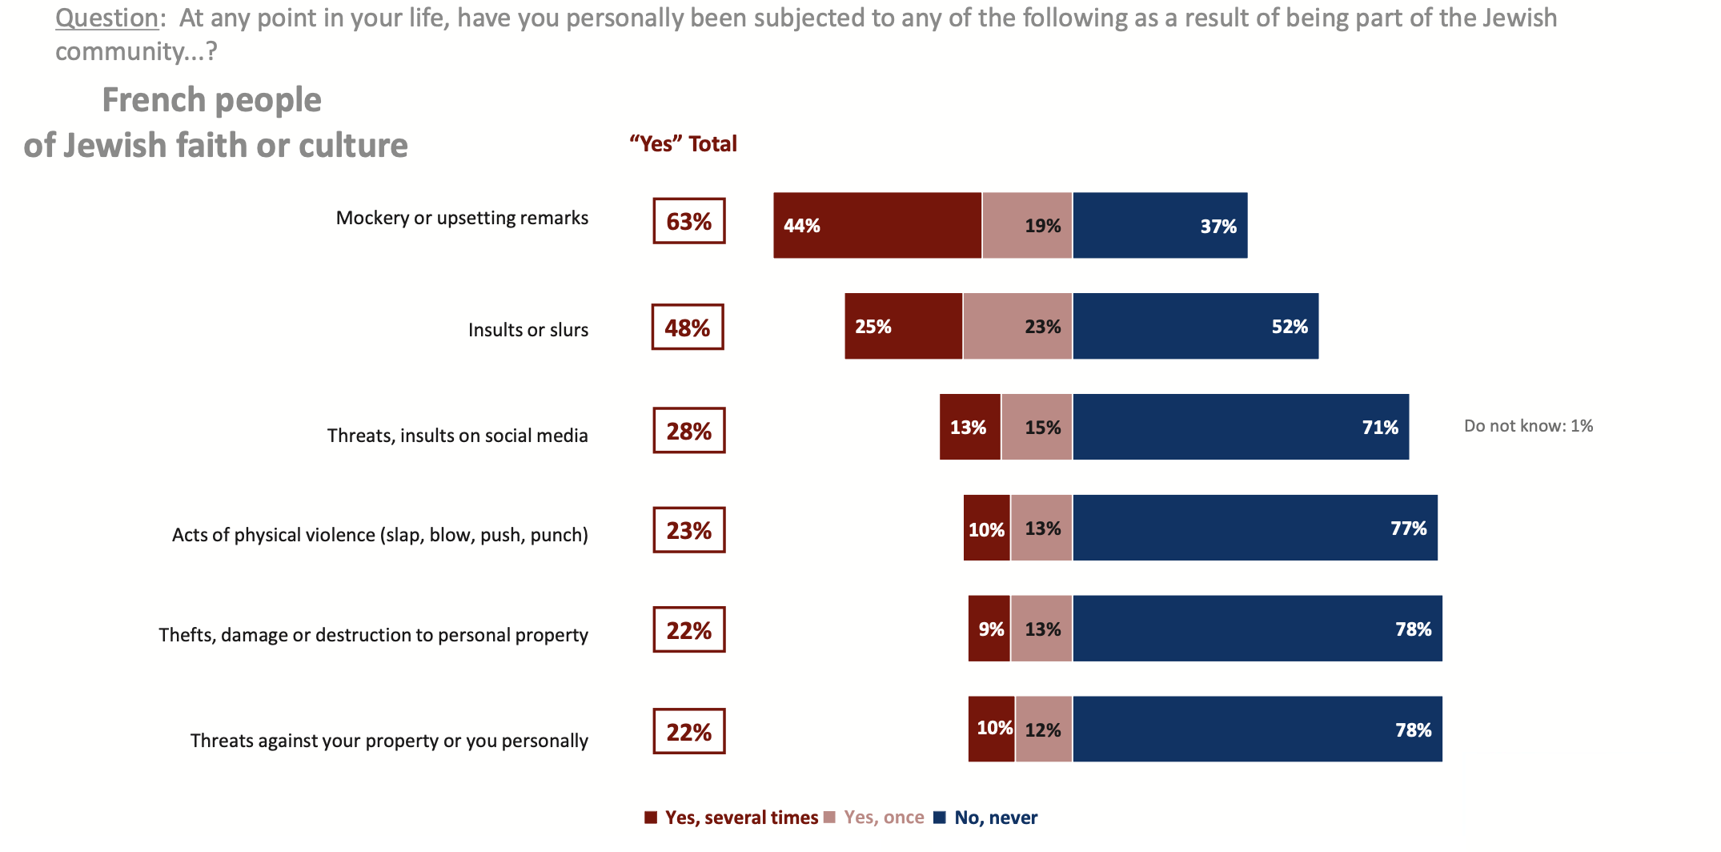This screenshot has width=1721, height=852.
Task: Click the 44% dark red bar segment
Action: pyautogui.click(x=877, y=225)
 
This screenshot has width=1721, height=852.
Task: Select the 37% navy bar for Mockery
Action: pyautogui.click(x=1160, y=225)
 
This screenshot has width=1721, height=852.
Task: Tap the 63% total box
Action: pyautogui.click(x=689, y=221)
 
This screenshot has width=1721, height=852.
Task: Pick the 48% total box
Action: pyautogui.click(x=688, y=328)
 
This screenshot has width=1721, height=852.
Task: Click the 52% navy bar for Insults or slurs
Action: pyautogui.click(x=1195, y=326)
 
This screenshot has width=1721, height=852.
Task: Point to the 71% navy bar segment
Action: pyautogui.click(x=1241, y=427)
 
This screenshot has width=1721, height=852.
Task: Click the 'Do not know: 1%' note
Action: pyautogui.click(x=1528, y=426)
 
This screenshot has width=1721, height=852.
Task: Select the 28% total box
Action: pyautogui.click(x=689, y=431)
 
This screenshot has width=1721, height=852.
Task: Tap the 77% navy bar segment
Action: pyautogui.click(x=1255, y=528)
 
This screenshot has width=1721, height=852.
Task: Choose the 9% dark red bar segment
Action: pyautogui.click(x=989, y=629)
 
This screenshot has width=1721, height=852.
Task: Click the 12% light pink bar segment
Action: pyautogui.click(x=1044, y=729)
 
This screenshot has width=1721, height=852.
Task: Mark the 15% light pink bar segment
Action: pyautogui.click(x=1037, y=427)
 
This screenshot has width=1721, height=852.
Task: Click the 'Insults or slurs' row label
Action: pyautogui.click(x=528, y=330)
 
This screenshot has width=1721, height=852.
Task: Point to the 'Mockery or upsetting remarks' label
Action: pyautogui.click(x=462, y=218)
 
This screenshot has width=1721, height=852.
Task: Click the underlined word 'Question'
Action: pyautogui.click(x=106, y=18)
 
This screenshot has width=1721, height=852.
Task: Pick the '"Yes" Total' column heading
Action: pyautogui.click(x=683, y=144)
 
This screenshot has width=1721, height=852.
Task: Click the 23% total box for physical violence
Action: pyautogui.click(x=689, y=530)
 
